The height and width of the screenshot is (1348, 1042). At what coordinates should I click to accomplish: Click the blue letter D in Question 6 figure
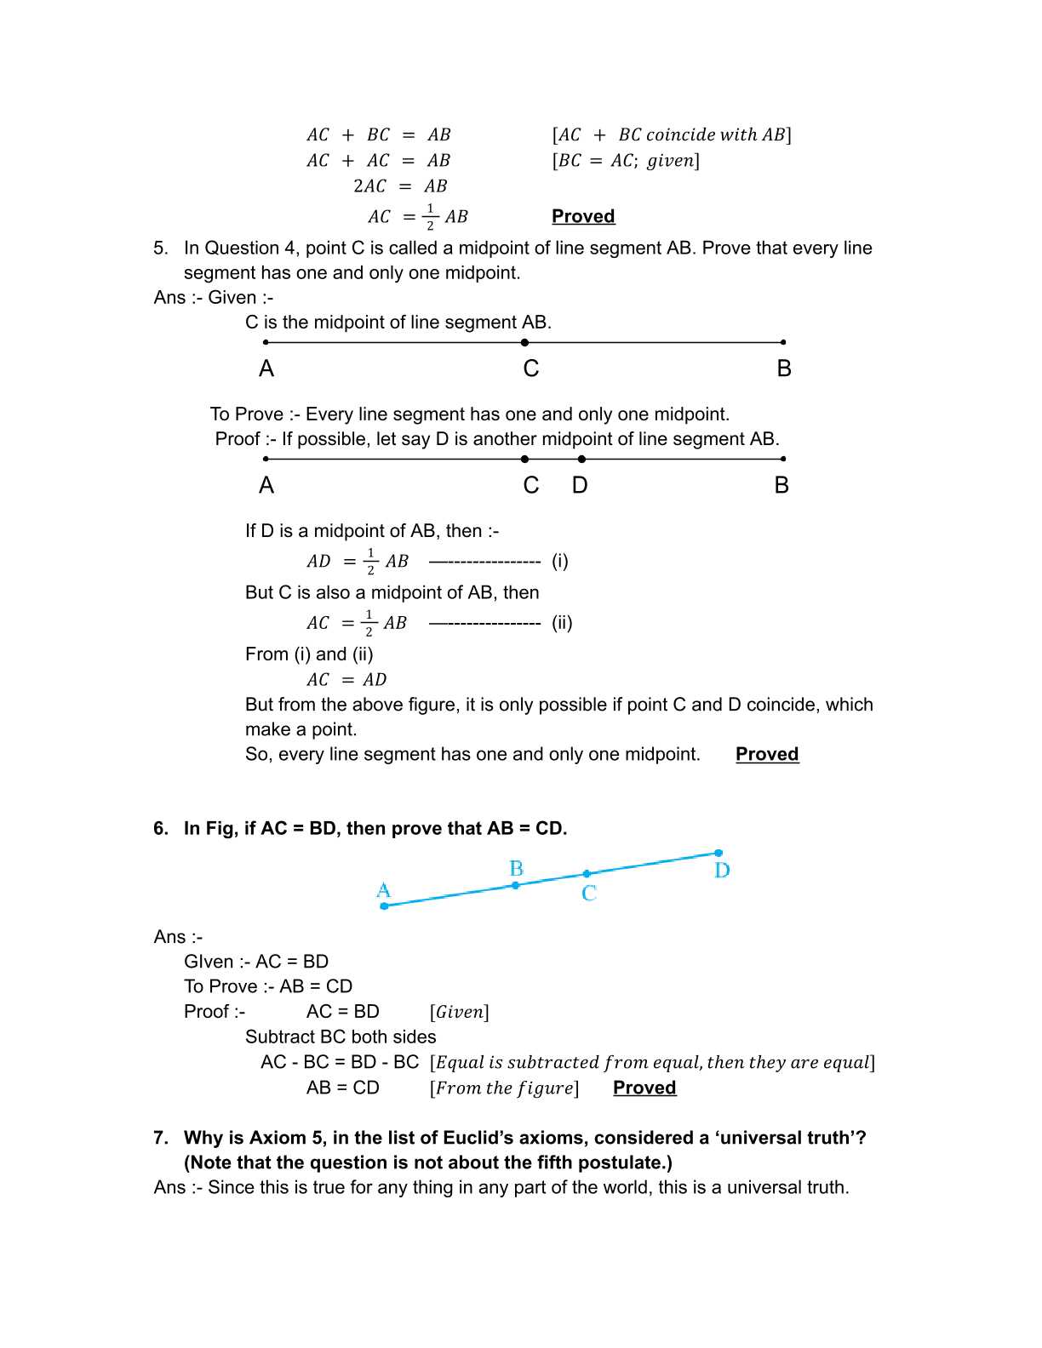722,871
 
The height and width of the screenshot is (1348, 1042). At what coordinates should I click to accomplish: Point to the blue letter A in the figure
383,890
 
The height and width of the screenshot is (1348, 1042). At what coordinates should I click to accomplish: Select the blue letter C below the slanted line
589,894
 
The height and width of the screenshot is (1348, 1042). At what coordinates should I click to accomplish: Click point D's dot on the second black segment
581,459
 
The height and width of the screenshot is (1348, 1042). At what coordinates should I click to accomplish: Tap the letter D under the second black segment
580,485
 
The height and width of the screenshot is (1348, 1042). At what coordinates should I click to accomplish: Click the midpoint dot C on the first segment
524,342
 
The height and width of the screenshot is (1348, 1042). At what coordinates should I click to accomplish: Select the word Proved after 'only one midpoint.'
767,754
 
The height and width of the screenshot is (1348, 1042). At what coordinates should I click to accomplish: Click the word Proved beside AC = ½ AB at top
583,216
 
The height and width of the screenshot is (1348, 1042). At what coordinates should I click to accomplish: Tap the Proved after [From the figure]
644,1088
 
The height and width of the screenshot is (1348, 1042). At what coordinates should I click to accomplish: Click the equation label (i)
560,561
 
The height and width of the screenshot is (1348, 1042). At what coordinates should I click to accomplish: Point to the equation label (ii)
562,623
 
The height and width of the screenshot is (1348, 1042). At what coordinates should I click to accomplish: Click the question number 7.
160,1138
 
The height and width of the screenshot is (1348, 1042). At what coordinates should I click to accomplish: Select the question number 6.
160,828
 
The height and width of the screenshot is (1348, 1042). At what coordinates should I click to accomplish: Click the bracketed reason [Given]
460,1012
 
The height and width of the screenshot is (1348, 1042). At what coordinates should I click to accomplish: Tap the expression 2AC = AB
399,186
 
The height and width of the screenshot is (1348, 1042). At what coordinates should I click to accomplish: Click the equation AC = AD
346,680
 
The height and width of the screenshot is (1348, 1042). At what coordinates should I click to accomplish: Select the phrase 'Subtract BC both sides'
341,1037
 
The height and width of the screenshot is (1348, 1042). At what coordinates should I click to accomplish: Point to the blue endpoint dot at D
719,853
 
